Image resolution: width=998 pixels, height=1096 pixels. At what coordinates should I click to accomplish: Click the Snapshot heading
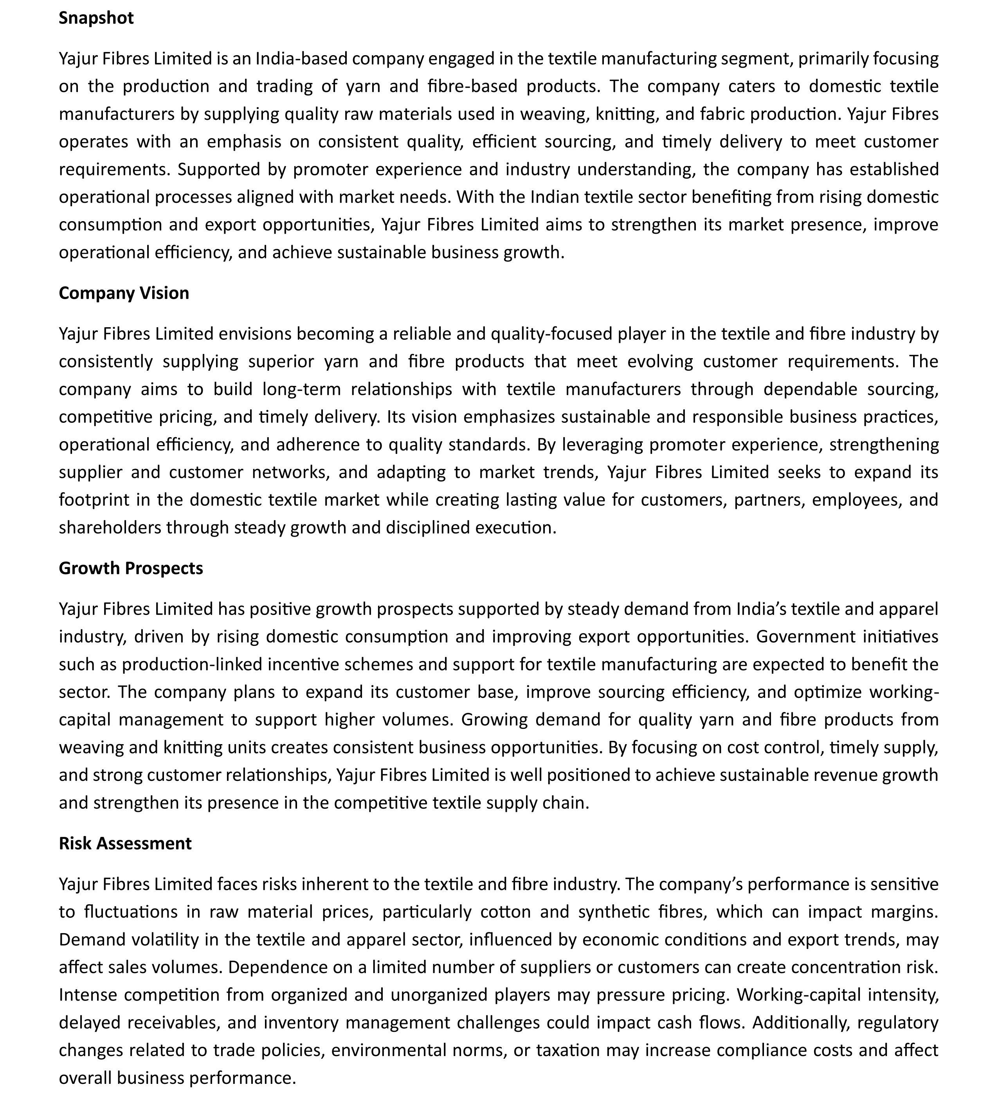point(95,18)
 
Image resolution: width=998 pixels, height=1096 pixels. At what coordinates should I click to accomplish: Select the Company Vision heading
point(124,293)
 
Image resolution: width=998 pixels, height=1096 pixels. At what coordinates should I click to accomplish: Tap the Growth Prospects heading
point(130,568)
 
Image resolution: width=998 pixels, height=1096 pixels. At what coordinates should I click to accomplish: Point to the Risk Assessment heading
point(125,843)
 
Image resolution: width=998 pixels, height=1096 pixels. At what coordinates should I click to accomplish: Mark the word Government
point(805,636)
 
